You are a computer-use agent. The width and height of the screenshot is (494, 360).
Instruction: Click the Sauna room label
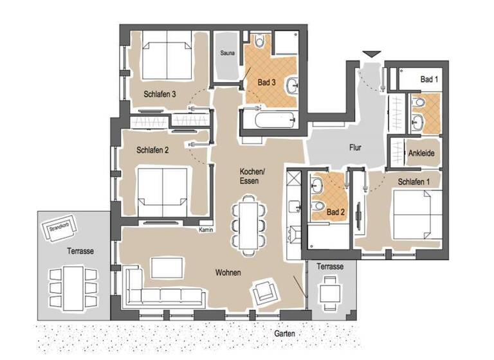(226, 53)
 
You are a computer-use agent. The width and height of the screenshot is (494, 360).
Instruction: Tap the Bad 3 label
(266, 83)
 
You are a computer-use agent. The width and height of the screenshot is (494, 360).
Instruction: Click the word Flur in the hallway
(354, 148)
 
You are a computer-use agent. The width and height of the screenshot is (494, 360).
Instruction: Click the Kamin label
(206, 230)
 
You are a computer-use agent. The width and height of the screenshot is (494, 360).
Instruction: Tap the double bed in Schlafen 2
(163, 190)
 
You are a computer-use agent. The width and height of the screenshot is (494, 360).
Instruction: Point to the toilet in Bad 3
(259, 42)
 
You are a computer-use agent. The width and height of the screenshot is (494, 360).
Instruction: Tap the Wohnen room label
(228, 273)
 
